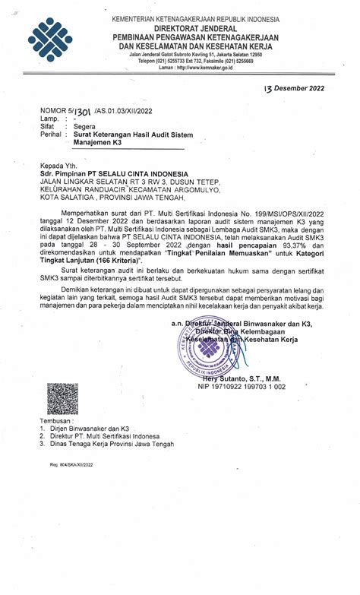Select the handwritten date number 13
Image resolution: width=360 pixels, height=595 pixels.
(x=270, y=87)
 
